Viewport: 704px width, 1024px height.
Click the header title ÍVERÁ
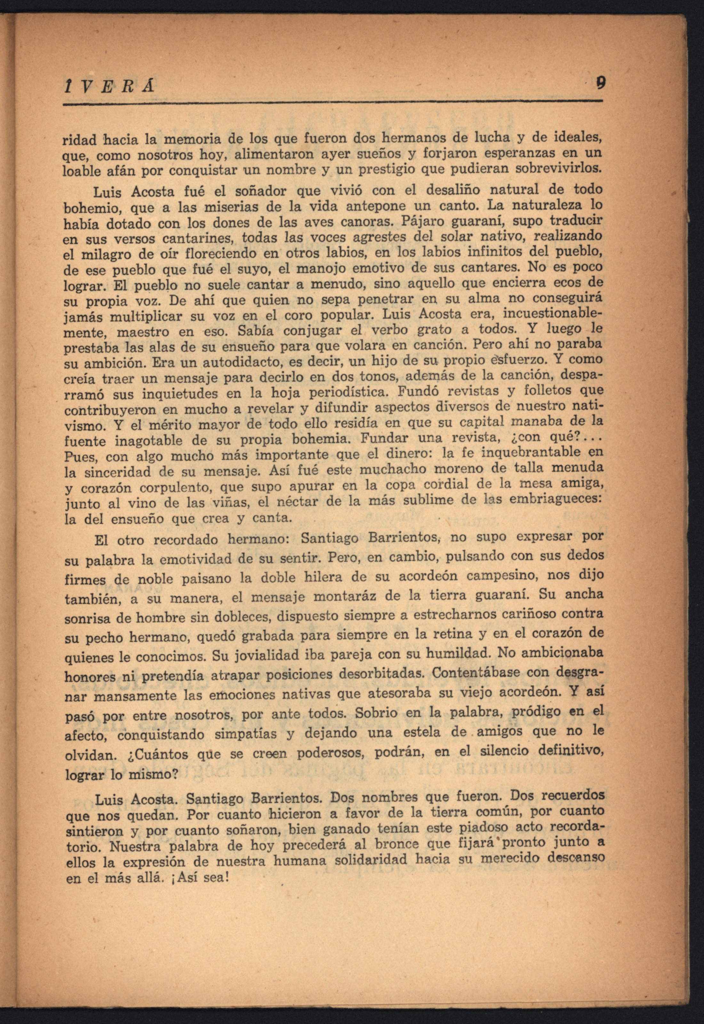[108, 85]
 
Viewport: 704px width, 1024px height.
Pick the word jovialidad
[265, 654]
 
